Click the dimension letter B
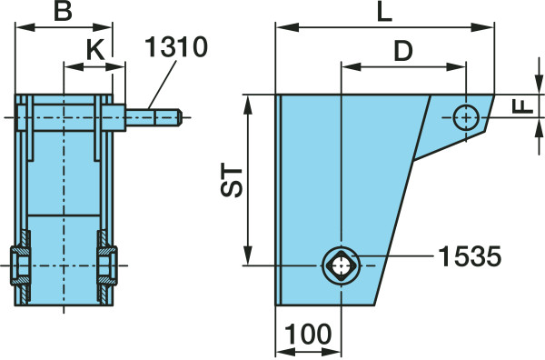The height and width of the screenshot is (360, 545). point(63,11)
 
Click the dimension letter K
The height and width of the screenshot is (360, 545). point(95,50)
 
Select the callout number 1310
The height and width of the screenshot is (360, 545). point(176,46)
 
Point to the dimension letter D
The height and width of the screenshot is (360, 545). point(403,51)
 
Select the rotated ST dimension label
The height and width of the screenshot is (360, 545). point(232,181)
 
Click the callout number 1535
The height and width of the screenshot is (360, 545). point(470,256)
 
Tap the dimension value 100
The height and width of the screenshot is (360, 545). point(308,334)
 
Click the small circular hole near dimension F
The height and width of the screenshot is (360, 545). point(466,118)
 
